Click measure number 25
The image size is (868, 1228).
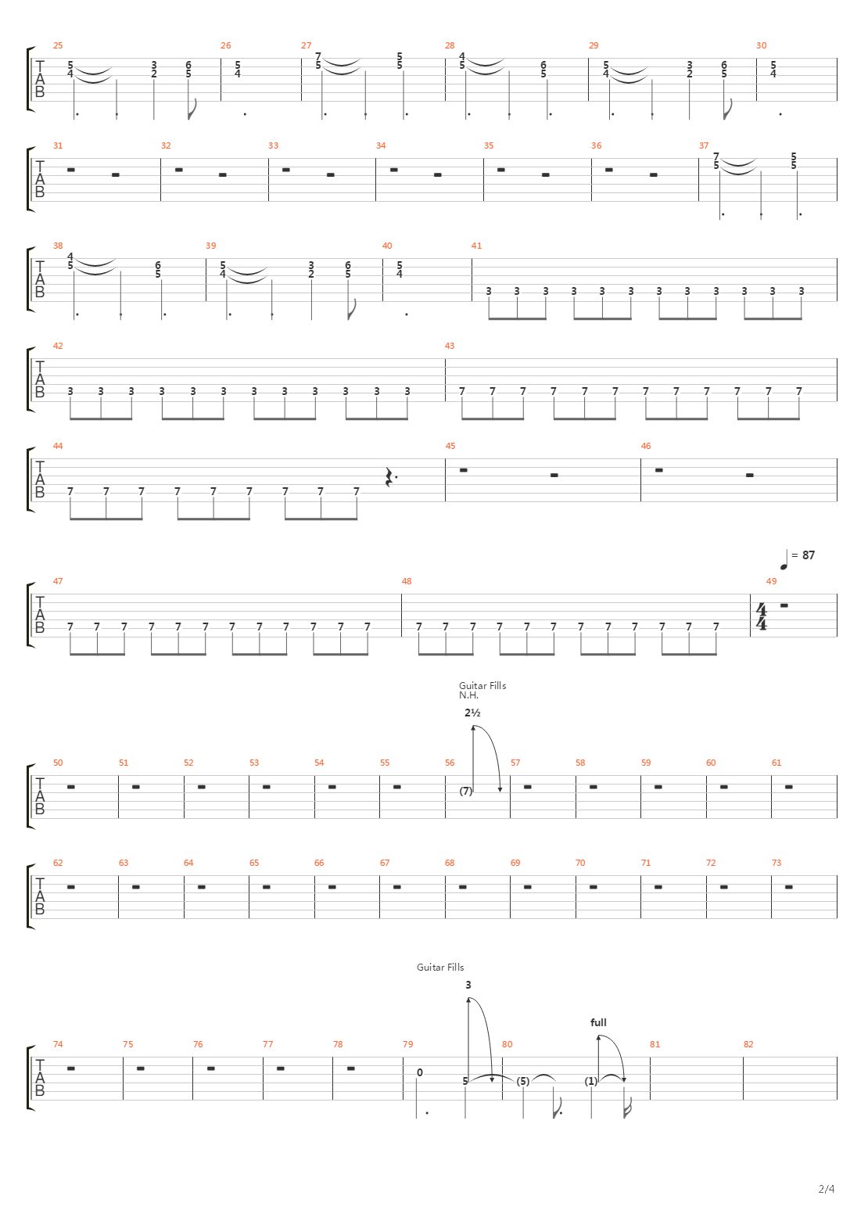pyautogui.click(x=57, y=45)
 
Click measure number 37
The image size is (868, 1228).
pyautogui.click(x=704, y=145)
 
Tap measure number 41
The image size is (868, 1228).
pyautogui.click(x=476, y=246)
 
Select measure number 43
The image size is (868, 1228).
pyautogui.click(x=449, y=346)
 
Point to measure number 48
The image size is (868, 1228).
pyautogui.click(x=406, y=581)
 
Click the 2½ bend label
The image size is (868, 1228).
pyautogui.click(x=472, y=713)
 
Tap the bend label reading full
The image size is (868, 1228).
pyautogui.click(x=599, y=1022)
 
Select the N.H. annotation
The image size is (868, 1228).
pyautogui.click(x=468, y=695)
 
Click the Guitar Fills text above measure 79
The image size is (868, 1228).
pyautogui.click(x=440, y=968)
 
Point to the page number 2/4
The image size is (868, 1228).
pyautogui.click(x=827, y=1190)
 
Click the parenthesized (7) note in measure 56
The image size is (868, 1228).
pyautogui.click(x=466, y=791)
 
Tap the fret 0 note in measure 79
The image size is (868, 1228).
pyautogui.click(x=420, y=1072)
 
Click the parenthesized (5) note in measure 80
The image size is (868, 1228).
pyautogui.click(x=523, y=1081)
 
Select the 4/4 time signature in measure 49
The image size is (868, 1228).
pyautogui.click(x=761, y=616)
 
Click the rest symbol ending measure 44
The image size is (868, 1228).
pyautogui.click(x=389, y=476)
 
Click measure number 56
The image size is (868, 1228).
pyautogui.click(x=449, y=763)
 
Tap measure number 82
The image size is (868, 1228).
pyautogui.click(x=748, y=1044)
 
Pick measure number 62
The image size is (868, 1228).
pyautogui.click(x=57, y=863)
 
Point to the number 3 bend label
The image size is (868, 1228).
pyautogui.click(x=468, y=985)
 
